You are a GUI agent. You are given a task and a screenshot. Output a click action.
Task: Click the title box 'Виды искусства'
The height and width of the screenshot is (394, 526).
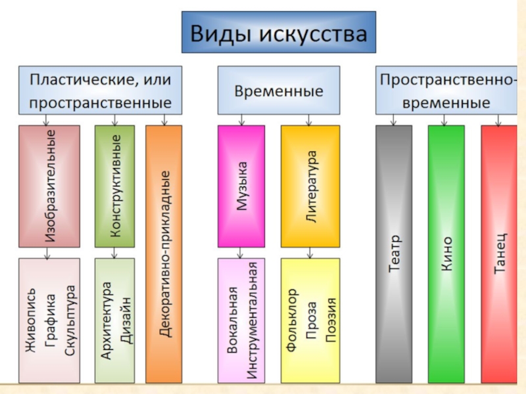coord(279,32)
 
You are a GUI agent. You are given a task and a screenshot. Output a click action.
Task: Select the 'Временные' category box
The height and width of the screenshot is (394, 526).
coord(279,91)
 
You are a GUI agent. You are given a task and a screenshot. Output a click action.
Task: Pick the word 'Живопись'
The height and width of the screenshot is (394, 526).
coord(31,320)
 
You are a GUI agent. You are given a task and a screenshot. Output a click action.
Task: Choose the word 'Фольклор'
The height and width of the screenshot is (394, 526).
coord(291,320)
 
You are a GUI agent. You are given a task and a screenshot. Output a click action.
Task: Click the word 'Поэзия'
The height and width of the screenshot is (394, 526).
coord(329,320)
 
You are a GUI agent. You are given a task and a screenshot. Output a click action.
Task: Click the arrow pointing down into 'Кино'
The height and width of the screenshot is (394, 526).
coord(445,120)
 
